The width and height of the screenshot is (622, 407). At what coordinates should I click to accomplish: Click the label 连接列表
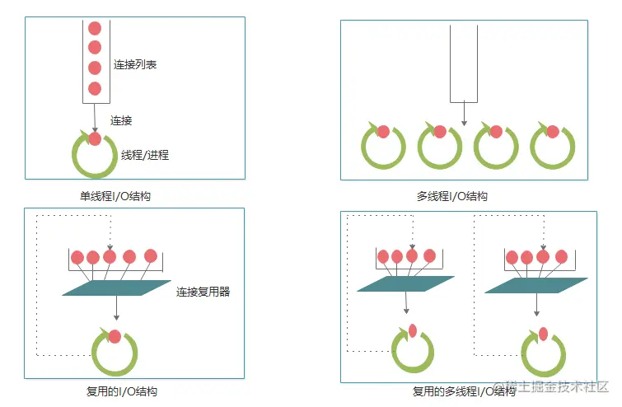pyautogui.click(x=134, y=64)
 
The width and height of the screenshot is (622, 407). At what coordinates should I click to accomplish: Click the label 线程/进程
pyautogui.click(x=145, y=154)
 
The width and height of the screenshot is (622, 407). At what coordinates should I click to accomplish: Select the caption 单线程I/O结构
pyautogui.click(x=115, y=196)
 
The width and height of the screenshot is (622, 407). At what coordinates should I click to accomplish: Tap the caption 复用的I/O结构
pyautogui.click(x=122, y=391)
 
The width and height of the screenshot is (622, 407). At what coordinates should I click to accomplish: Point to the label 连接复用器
pyautogui.click(x=203, y=291)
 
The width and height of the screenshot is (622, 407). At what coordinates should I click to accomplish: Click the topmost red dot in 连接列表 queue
pyautogui.click(x=95, y=28)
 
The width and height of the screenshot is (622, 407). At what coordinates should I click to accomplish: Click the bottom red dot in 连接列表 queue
pyautogui.click(x=95, y=88)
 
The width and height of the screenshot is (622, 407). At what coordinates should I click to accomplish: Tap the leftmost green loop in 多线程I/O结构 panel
pyautogui.click(x=383, y=146)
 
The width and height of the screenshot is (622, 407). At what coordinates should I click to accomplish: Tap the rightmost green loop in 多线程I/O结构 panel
pyautogui.click(x=552, y=146)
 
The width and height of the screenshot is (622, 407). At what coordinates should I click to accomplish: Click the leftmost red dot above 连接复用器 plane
pyautogui.click(x=77, y=257)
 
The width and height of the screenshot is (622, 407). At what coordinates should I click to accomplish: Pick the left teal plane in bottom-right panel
pyautogui.click(x=405, y=283)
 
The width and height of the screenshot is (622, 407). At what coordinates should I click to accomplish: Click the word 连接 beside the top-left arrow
pyautogui.click(x=121, y=120)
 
